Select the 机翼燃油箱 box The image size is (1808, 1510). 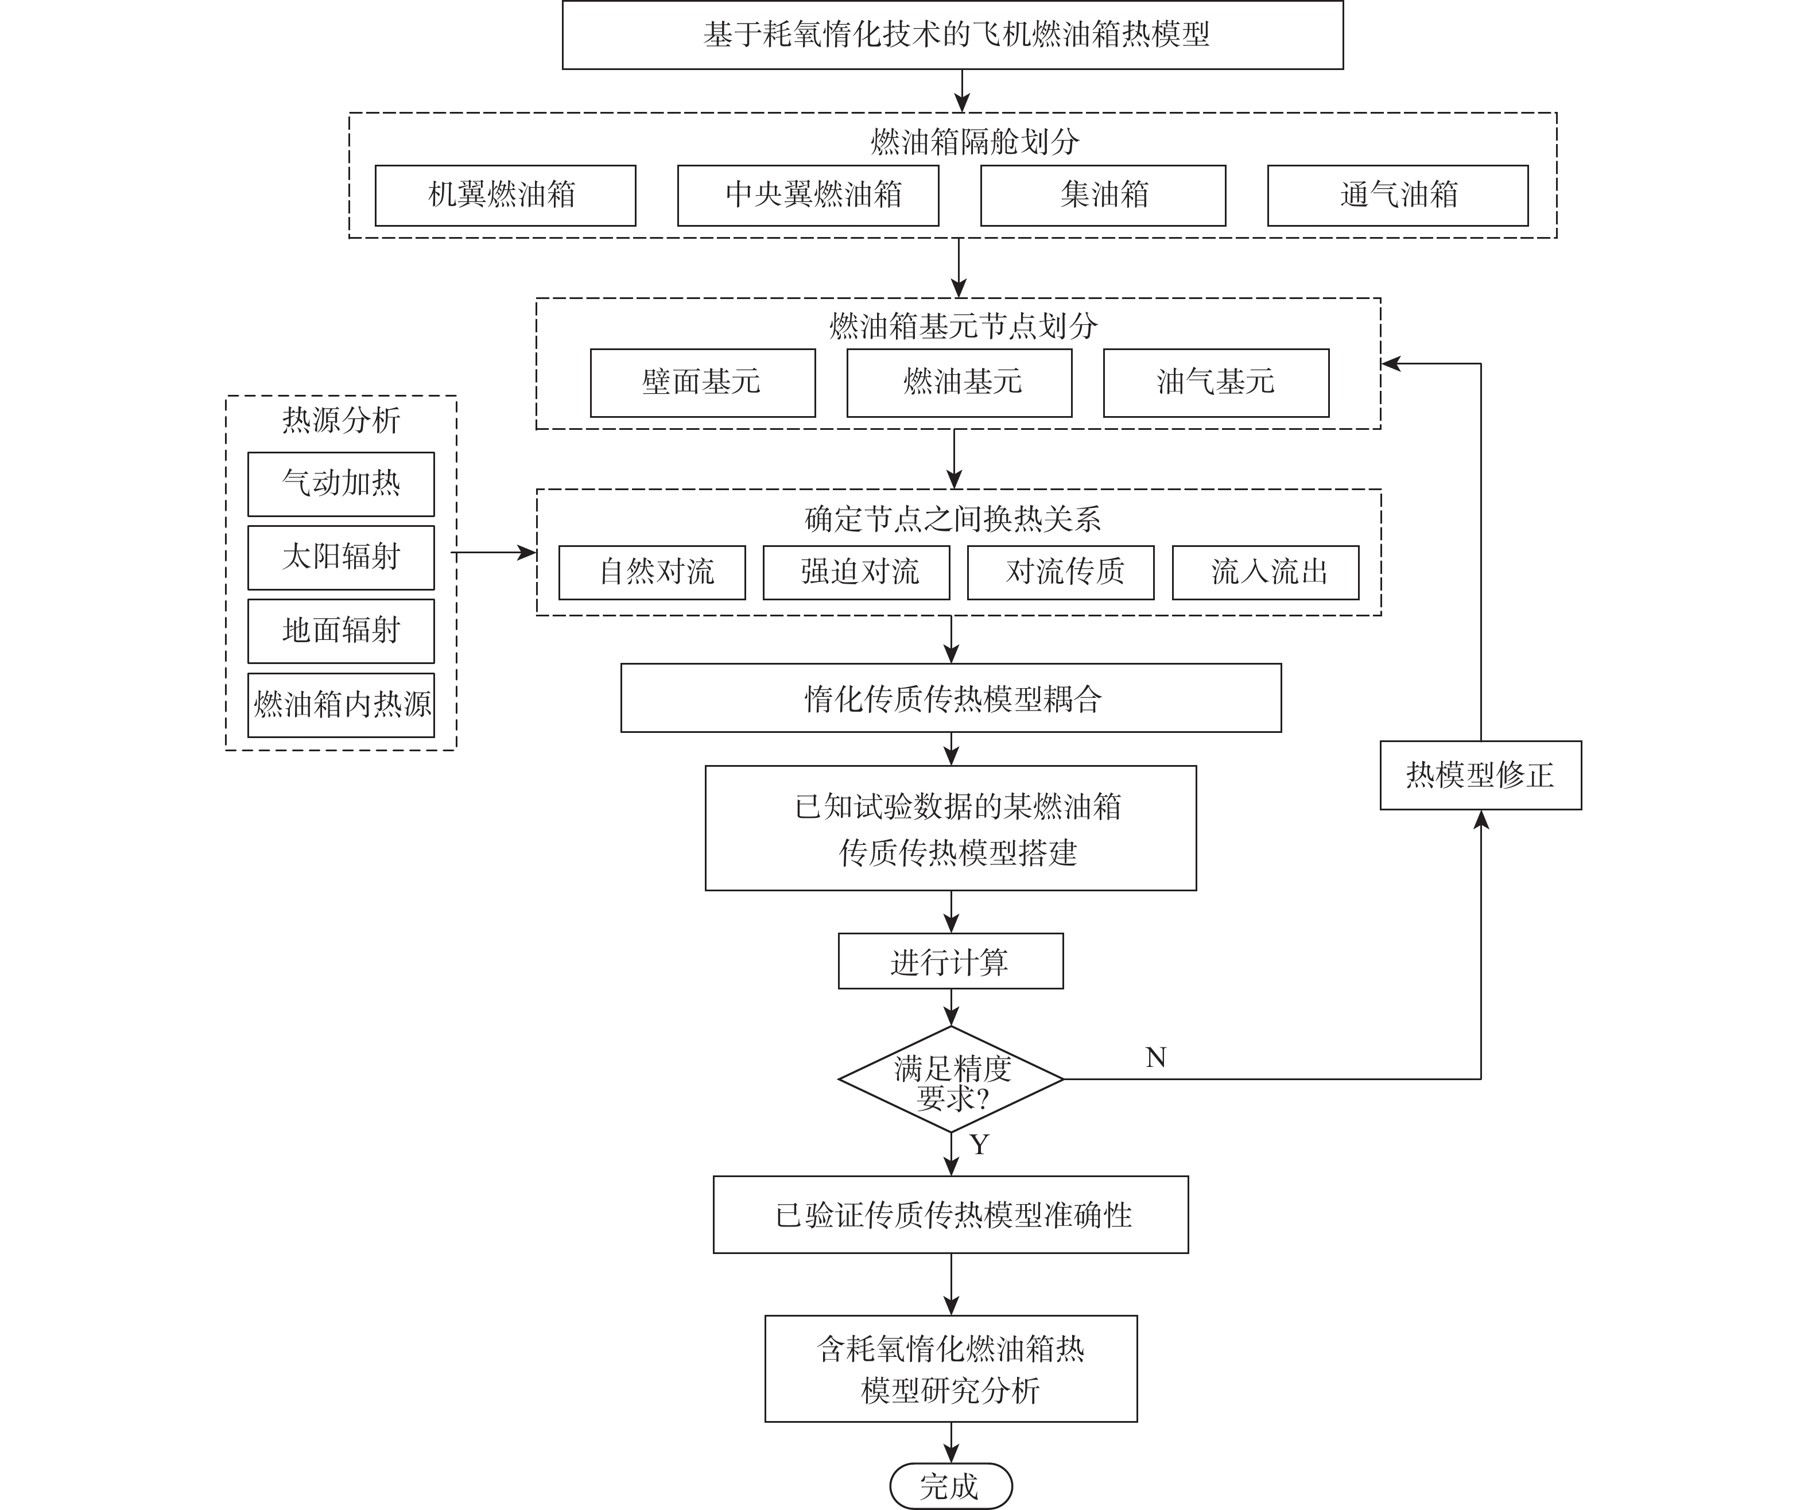pyautogui.click(x=505, y=195)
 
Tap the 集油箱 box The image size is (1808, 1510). pyautogui.click(x=1103, y=195)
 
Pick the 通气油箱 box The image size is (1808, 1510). pyautogui.click(x=1397, y=195)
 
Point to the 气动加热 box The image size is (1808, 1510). pyautogui.click(x=341, y=484)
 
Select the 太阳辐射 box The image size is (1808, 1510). pyautogui.click(x=341, y=557)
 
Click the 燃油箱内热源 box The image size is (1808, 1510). pyautogui.click(x=341, y=705)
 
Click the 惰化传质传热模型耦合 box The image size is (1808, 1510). pyautogui.click(x=950, y=698)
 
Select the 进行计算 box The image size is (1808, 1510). pyautogui.click(x=950, y=961)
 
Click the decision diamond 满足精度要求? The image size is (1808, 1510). pyautogui.click(x=950, y=1080)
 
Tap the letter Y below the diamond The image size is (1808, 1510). pyautogui.click(x=979, y=1145)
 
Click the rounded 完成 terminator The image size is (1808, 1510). pyautogui.click(x=950, y=1486)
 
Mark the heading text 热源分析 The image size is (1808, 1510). pyautogui.click(x=341, y=420)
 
